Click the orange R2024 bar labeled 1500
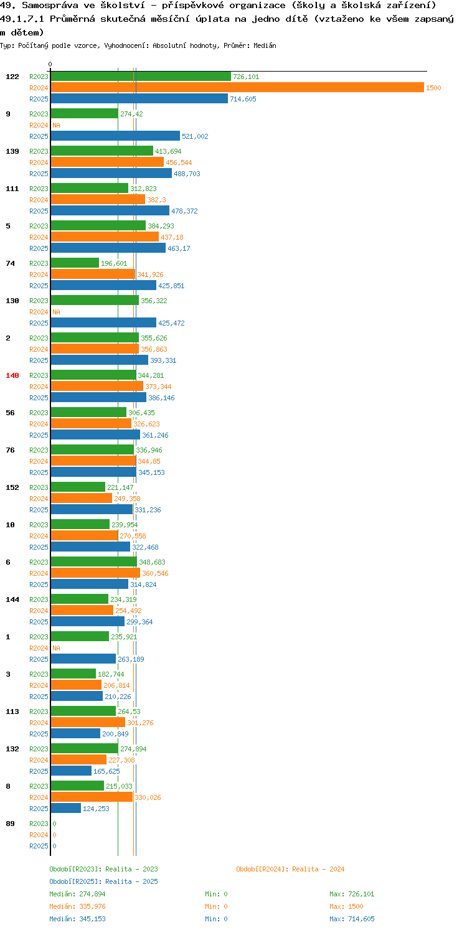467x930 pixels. [x=237, y=88]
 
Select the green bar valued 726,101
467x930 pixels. [x=141, y=77]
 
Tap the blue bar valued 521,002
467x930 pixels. [x=115, y=136]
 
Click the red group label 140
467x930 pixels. [x=12, y=375]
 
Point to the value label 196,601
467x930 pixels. [x=114, y=263]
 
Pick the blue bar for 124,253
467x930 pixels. [x=65, y=809]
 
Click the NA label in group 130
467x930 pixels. [x=56, y=312]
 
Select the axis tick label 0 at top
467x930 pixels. [x=50, y=64]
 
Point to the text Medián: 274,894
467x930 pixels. [x=77, y=894]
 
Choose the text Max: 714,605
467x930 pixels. [x=352, y=919]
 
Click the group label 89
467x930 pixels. [x=10, y=824]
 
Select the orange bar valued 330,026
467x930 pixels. [x=92, y=797]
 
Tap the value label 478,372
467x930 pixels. [x=184, y=211]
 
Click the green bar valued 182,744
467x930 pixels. [x=73, y=674]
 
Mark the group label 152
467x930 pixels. [x=12, y=487]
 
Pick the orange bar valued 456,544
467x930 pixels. [x=107, y=162]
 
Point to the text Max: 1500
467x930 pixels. [x=346, y=906]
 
